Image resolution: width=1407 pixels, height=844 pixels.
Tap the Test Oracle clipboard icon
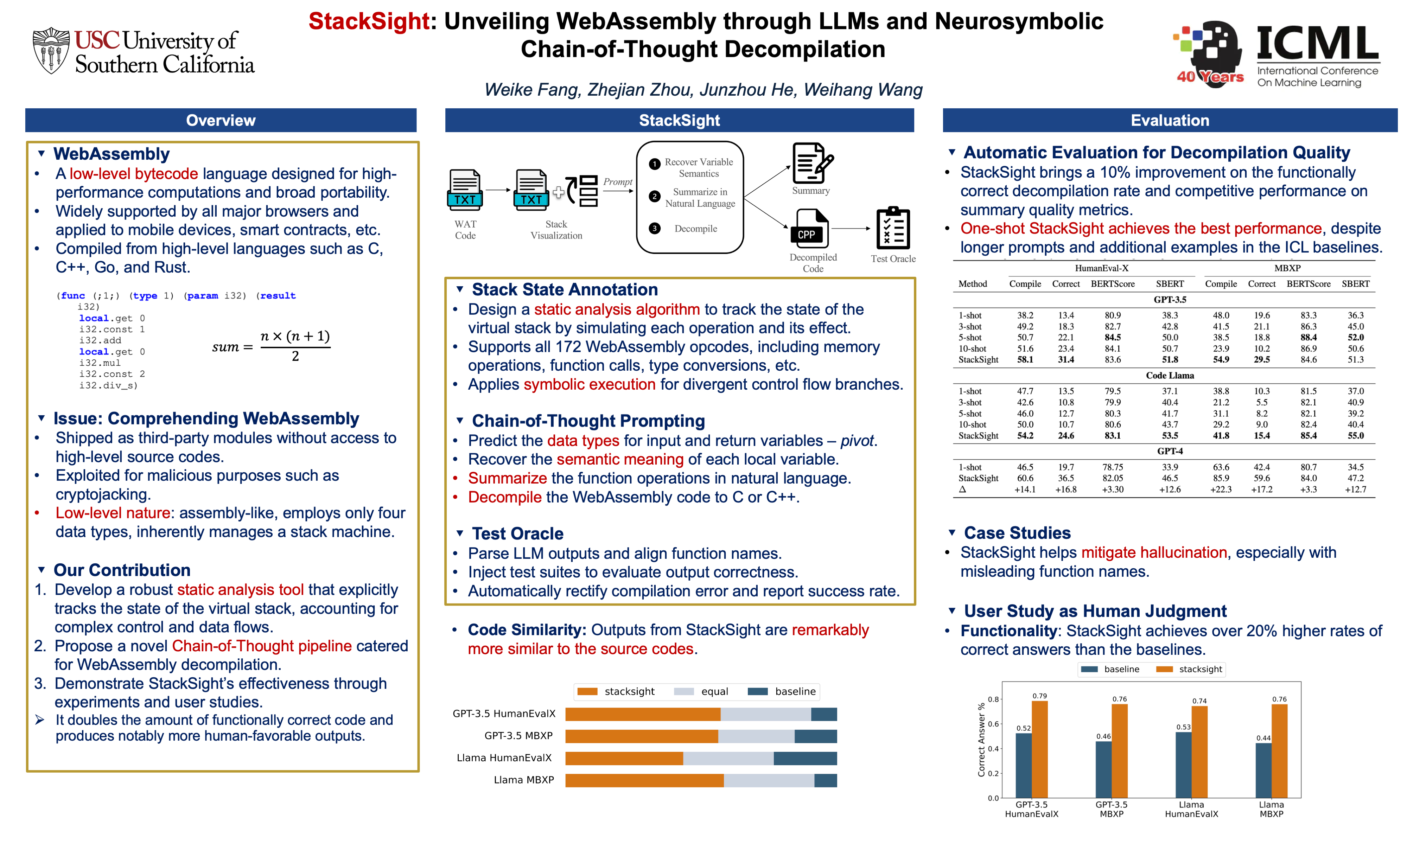tap(893, 229)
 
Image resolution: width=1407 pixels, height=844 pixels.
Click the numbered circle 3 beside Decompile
tap(655, 229)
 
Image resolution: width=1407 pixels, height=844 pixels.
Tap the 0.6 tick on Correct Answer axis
tap(993, 724)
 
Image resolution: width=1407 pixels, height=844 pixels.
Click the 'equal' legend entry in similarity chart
tap(702, 692)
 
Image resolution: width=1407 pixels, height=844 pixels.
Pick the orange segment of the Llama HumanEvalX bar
tap(624, 758)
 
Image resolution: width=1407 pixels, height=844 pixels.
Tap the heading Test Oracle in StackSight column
tap(517, 533)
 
